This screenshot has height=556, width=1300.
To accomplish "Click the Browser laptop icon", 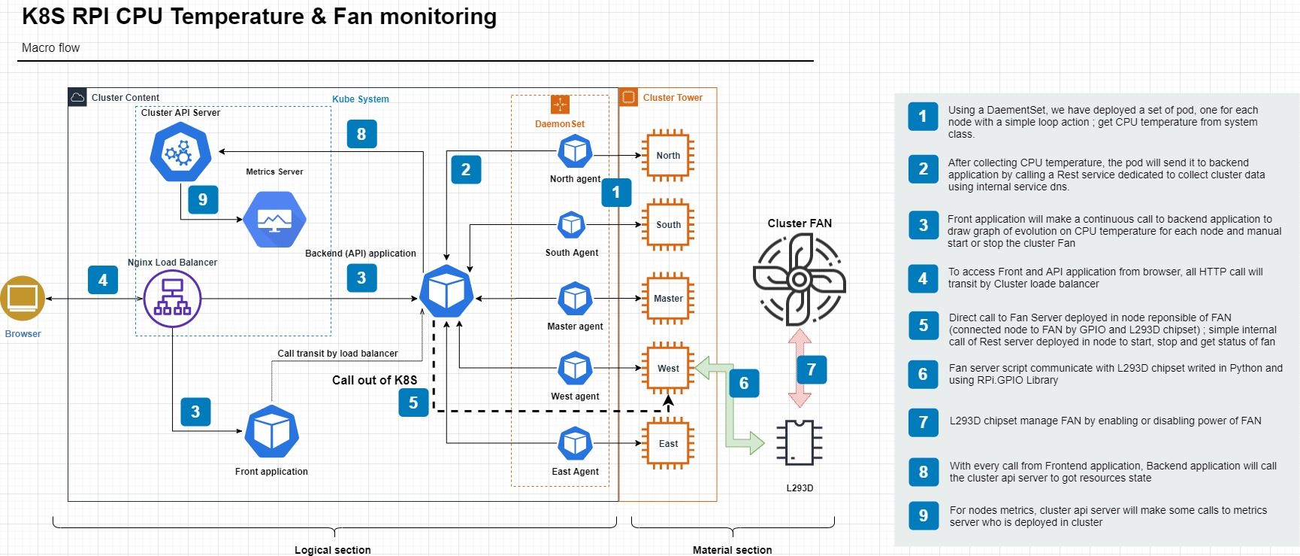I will (23, 299).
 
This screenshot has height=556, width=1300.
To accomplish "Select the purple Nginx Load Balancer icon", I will (172, 299).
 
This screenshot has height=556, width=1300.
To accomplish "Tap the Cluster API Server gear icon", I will (180, 153).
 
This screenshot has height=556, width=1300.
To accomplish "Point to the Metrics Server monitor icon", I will (274, 219).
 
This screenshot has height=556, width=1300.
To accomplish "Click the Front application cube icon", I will (271, 431).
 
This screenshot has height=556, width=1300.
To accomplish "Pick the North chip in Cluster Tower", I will (668, 156).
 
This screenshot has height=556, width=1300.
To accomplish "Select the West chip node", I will (668, 369).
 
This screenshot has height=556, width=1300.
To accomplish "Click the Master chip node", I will (668, 299).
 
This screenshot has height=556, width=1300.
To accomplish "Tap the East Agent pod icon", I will (575, 444).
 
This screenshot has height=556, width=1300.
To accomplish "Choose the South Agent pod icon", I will (572, 225).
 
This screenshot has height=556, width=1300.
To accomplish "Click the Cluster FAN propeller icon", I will (800, 279).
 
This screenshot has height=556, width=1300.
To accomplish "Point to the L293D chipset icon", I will (800, 442).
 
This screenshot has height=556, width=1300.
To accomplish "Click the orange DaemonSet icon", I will (560, 105).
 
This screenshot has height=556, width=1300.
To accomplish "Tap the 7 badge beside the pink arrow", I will (812, 369).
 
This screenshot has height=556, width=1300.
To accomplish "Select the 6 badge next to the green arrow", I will (744, 383).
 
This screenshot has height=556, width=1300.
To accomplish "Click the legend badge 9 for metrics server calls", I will (924, 515).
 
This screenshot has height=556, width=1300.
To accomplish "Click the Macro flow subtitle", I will (50, 48).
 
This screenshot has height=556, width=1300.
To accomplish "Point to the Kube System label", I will (361, 99).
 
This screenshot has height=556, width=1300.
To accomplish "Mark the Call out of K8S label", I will (374, 381).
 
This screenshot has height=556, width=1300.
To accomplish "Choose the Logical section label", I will (332, 550).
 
